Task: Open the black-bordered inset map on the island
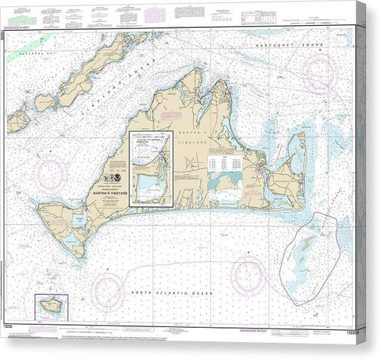151,169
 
